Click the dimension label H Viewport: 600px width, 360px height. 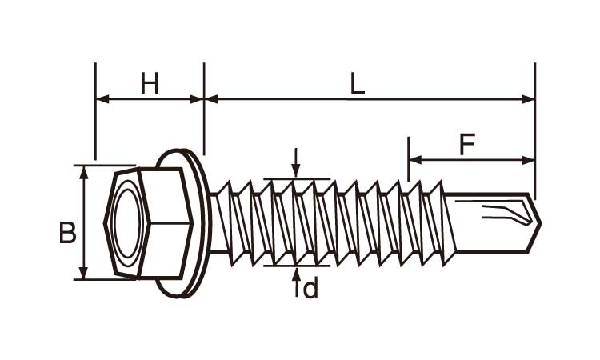pos(150,82)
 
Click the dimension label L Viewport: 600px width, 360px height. pos(358,84)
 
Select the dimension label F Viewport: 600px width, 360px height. pos(468,145)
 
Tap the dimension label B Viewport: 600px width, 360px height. pos(68,233)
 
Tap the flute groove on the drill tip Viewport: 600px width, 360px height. pos(504,214)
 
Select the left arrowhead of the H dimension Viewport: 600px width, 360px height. pos(101,99)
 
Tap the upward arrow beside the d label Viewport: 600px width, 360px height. pos(296,274)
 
